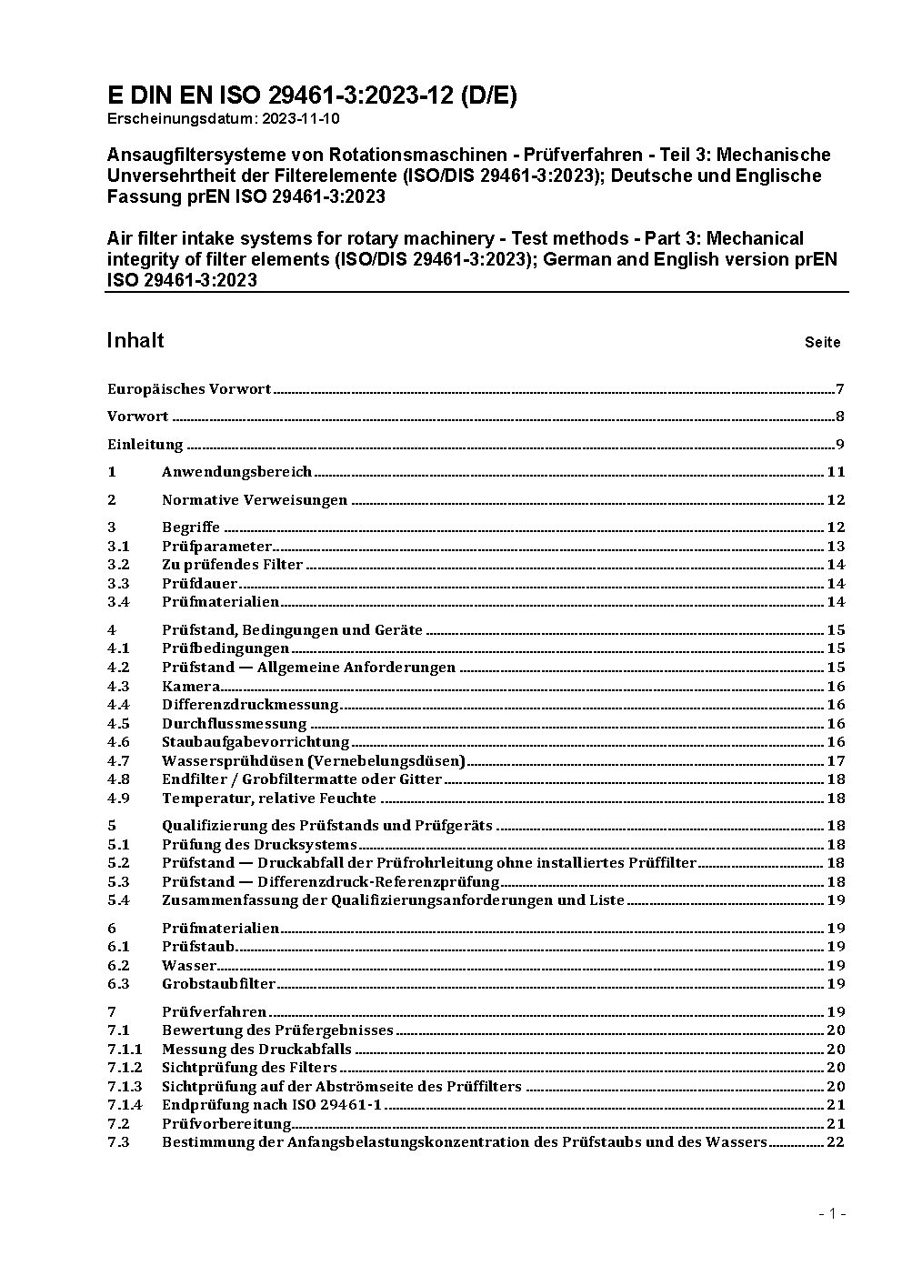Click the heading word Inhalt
pos(135,340)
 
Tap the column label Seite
pos(822,343)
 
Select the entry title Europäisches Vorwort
pos(189,389)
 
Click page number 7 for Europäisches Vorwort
pos(840,389)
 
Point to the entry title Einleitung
pos(145,445)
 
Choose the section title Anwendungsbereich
pos(236,471)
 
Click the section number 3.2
pos(118,565)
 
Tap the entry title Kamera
pos(191,687)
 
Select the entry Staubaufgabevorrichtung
pos(256,742)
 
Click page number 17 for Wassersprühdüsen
pos(836,760)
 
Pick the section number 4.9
pos(118,799)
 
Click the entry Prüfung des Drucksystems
pos(259,844)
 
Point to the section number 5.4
pos(118,900)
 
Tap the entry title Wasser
pos(189,965)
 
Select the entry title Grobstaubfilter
pos(218,984)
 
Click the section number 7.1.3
pos(125,1086)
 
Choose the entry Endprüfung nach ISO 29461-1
pos(272,1105)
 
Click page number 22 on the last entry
pos(836,1142)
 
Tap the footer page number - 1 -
pos(832,1213)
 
